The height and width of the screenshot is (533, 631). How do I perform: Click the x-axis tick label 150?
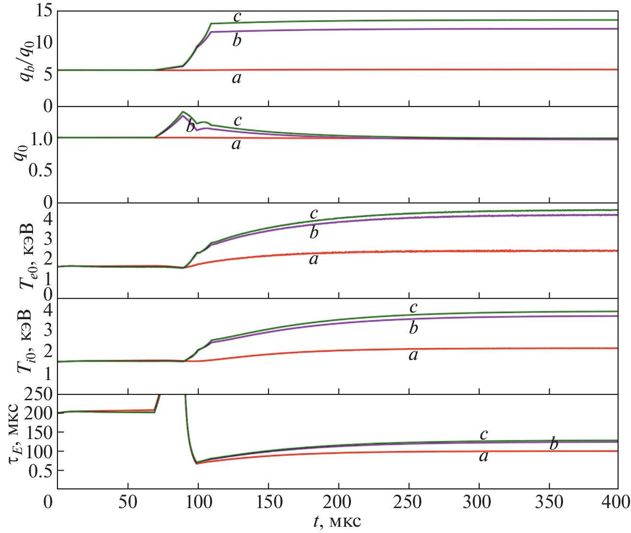click(x=268, y=503)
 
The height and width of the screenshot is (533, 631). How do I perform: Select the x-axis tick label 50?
click(x=128, y=503)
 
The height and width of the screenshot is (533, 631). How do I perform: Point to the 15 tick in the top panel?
click(x=43, y=12)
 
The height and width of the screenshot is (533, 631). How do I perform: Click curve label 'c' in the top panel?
click(x=237, y=17)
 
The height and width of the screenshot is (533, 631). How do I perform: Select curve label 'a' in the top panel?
click(x=237, y=78)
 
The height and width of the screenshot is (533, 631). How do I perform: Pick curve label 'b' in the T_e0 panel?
click(x=314, y=233)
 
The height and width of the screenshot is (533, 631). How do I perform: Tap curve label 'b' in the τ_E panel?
click(x=554, y=444)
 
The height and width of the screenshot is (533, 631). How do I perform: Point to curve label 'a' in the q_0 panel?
click(x=236, y=144)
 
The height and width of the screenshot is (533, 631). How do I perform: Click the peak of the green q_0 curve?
click(x=182, y=112)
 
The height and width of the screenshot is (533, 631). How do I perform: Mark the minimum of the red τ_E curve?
click(x=196, y=463)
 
